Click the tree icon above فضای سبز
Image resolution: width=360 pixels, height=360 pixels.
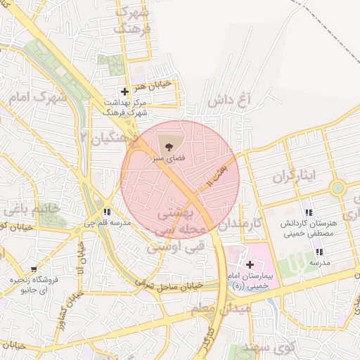168,148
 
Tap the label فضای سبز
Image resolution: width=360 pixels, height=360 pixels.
168,160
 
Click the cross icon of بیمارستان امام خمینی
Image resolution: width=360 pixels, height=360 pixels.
250,264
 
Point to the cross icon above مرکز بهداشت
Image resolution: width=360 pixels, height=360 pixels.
124,91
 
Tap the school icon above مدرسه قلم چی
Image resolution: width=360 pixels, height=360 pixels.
106,212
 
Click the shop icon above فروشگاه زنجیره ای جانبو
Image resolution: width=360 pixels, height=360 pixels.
34,269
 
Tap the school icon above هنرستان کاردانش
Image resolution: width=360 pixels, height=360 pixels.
309,212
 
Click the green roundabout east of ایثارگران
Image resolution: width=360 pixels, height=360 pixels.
338,188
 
